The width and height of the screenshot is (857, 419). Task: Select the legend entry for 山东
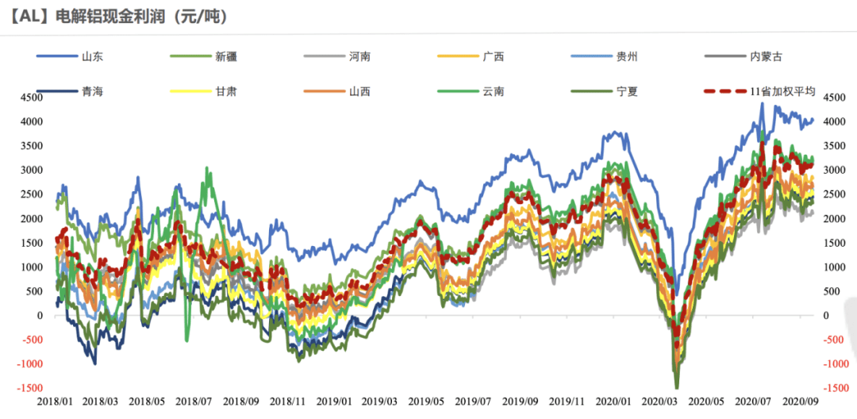pyautogui.click(x=90, y=56)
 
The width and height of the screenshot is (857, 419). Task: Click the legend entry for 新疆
pyautogui.click(x=225, y=56)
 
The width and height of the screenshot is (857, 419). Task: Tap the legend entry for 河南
pyautogui.click(x=359, y=56)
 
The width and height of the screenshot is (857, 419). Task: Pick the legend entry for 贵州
pyautogui.click(x=626, y=56)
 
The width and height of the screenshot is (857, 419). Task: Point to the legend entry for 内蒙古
pyautogui.click(x=765, y=56)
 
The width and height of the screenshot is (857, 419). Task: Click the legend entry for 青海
pyautogui.click(x=90, y=91)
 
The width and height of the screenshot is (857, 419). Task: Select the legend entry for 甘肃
pyautogui.click(x=225, y=91)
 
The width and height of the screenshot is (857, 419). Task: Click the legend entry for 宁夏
pyautogui.click(x=626, y=91)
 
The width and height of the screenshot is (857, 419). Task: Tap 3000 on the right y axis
pyautogui.click(x=838, y=170)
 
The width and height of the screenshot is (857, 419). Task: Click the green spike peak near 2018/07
pyautogui.click(x=207, y=168)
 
